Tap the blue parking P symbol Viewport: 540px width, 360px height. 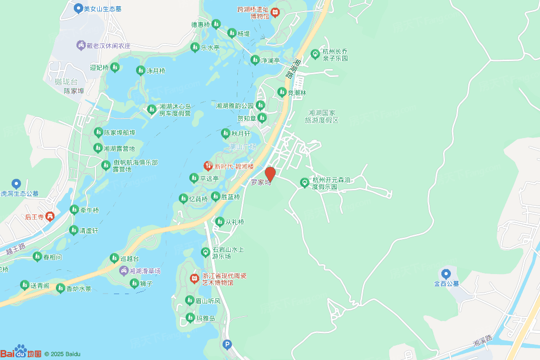pyautogui.click(x=227, y=345)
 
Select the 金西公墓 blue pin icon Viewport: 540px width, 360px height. pyautogui.click(x=446, y=273)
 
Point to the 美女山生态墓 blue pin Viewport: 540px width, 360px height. pyautogui.click(x=78, y=8)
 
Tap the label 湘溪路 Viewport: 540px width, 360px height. pyautogui.click(x=482, y=340)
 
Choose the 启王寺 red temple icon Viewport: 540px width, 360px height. pyautogui.click(x=50, y=216)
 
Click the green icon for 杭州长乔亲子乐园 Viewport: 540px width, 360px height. pyautogui.click(x=315, y=53)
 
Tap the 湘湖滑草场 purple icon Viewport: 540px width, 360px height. pyautogui.click(x=123, y=271)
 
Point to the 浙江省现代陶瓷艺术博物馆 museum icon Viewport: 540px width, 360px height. pyautogui.click(x=194, y=277)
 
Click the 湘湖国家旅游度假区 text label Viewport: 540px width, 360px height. pyautogui.click(x=322, y=116)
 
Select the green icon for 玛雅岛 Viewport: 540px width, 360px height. pyautogui.click(x=190, y=317)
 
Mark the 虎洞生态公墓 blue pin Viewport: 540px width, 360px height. pyautogui.click(x=16, y=183)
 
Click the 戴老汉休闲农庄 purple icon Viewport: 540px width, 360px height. pyautogui.click(x=81, y=45)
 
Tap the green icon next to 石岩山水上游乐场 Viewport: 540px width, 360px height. pyautogui.click(x=206, y=252)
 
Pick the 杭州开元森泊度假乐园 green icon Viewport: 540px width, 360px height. pyautogui.click(x=304, y=182)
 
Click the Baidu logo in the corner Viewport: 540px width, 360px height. pyautogui.click(x=21, y=353)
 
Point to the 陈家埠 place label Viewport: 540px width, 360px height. pyautogui.click(x=74, y=91)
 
